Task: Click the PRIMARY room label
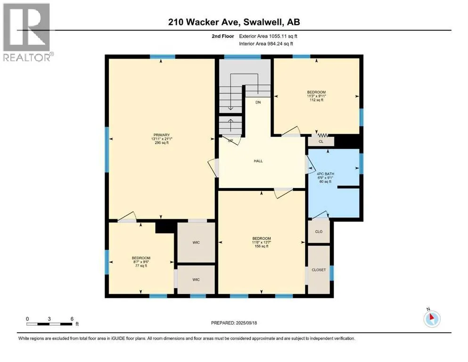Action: [162, 135]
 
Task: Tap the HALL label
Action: [258, 161]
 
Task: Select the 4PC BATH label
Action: [325, 173]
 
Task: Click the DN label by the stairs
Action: [258, 102]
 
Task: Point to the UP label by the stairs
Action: [230, 140]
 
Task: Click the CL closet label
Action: [321, 141]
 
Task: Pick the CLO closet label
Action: [319, 231]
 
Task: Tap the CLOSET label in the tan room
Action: [319, 270]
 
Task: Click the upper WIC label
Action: [196, 242]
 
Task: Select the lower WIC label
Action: [196, 280]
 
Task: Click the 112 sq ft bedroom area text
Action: [317, 100]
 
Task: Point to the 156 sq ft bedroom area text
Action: [262, 246]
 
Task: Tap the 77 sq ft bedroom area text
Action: [141, 265]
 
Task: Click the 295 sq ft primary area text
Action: [162, 143]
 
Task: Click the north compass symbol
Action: [432, 319]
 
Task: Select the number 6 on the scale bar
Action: [72, 319]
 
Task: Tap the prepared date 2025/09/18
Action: [246, 323]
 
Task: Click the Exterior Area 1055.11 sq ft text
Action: [268, 36]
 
